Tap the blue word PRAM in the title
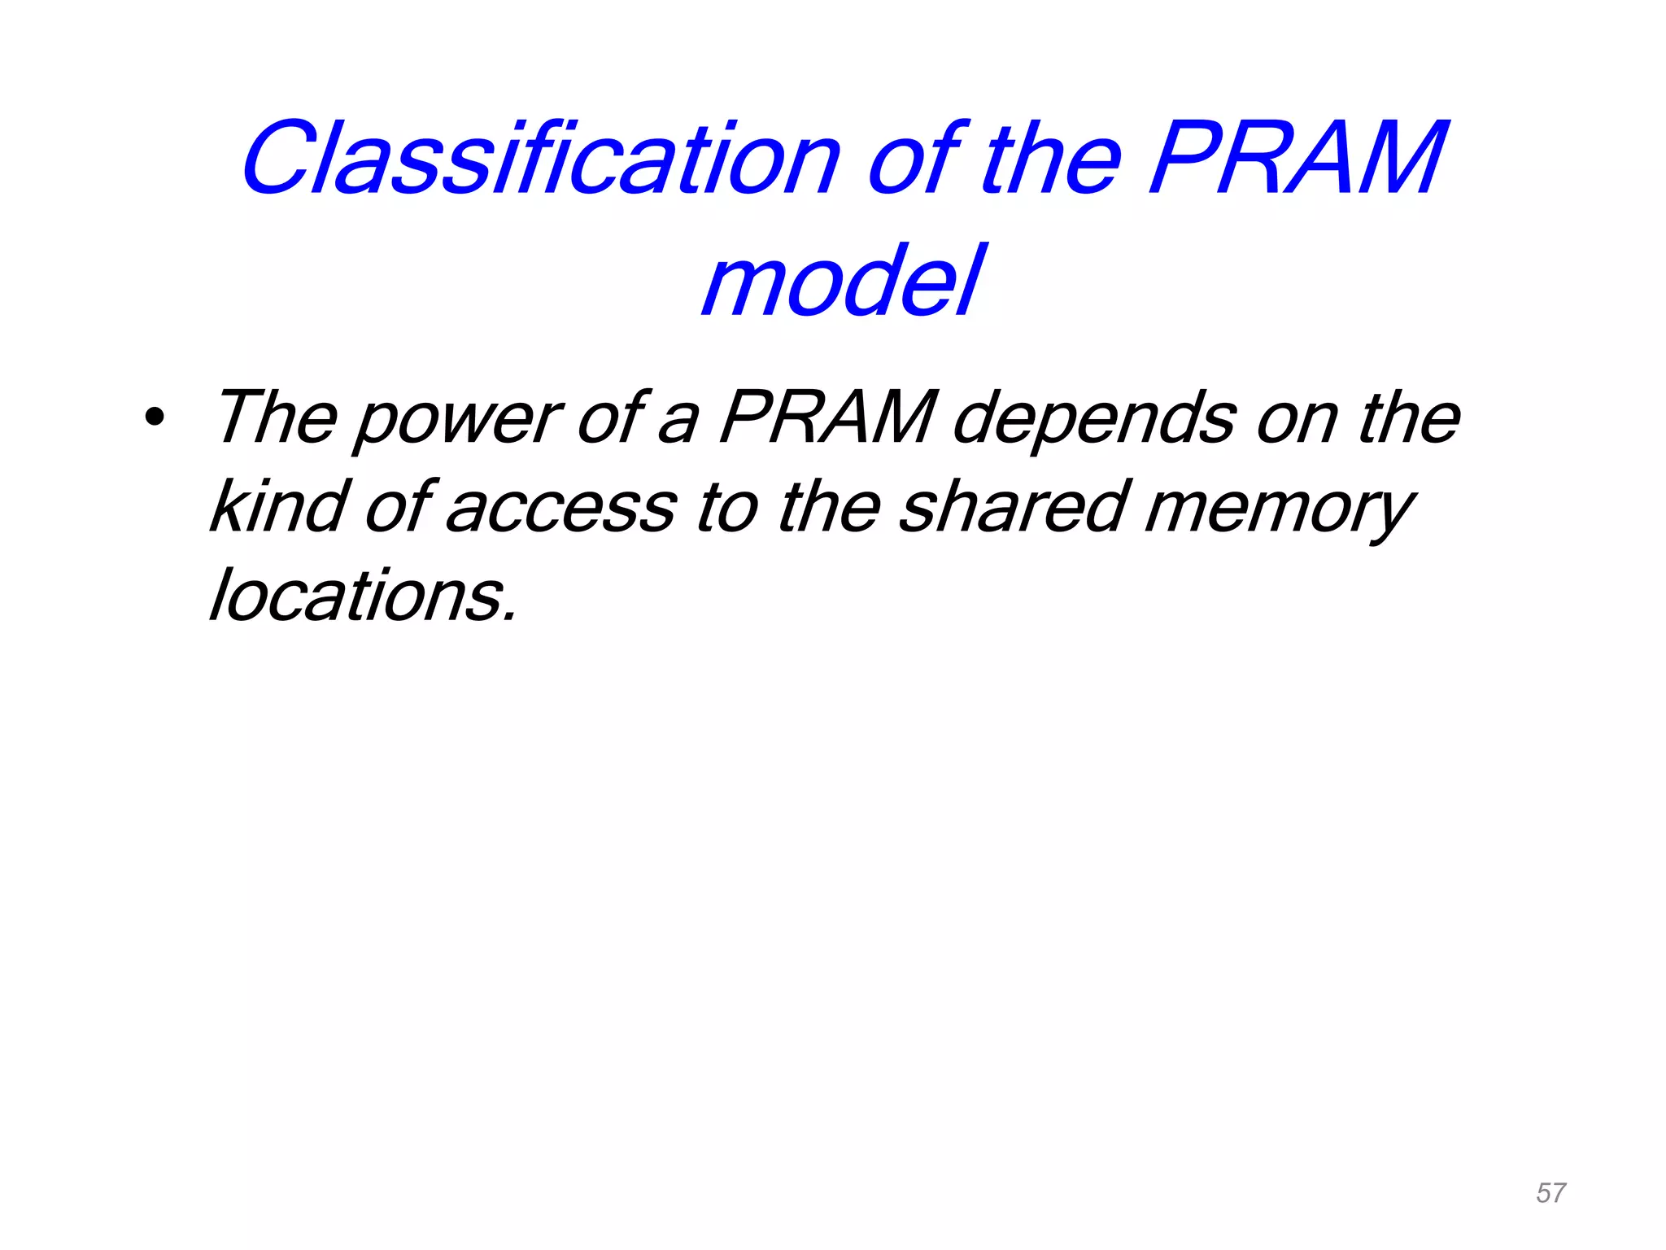(1297, 159)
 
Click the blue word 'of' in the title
(915, 159)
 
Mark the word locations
(363, 596)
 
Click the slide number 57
(1550, 1193)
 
